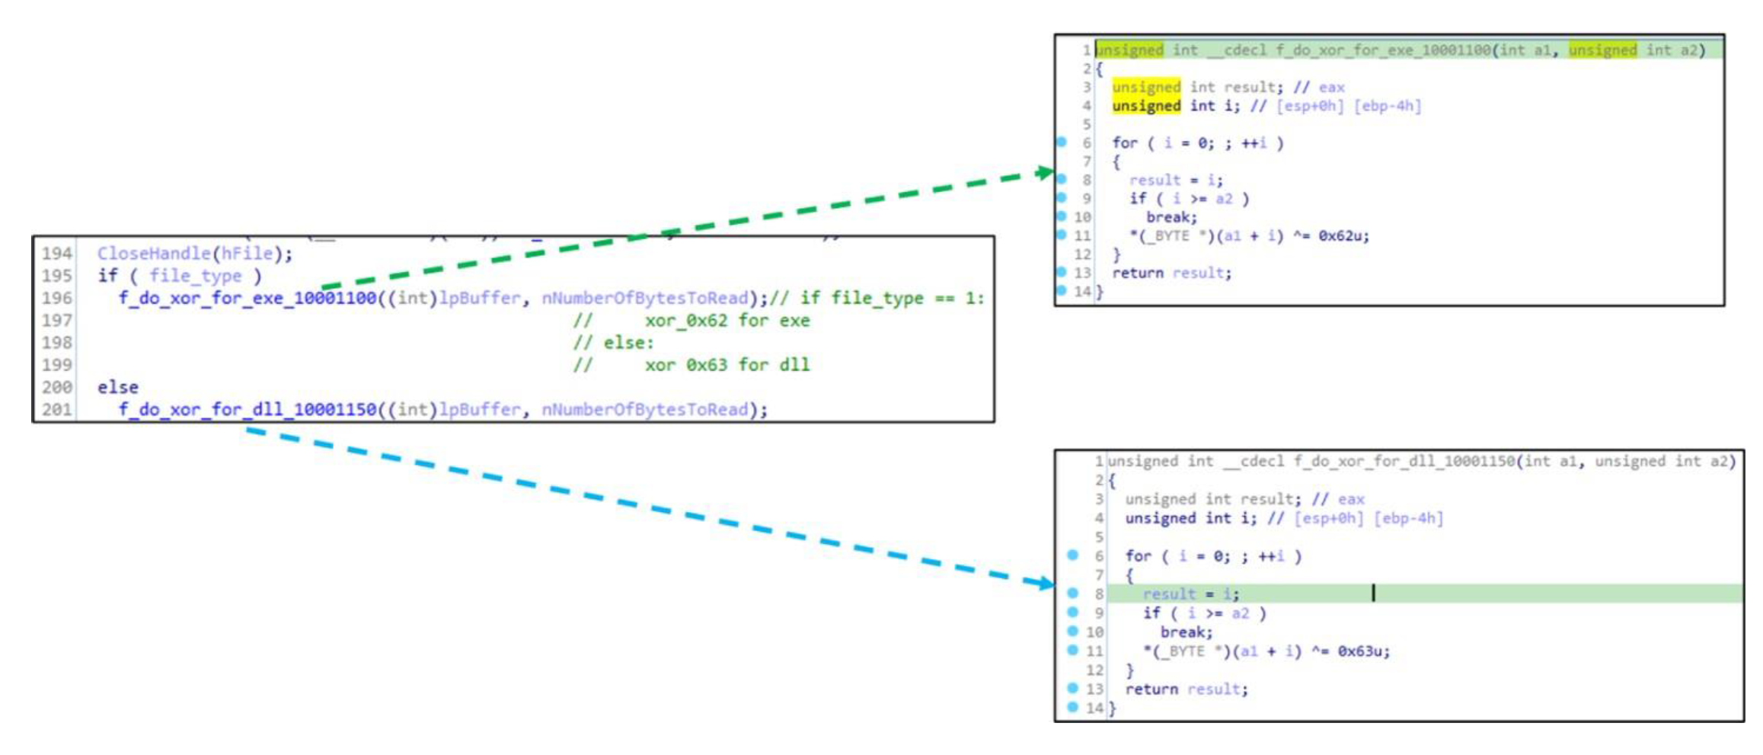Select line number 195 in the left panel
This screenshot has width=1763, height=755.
(x=57, y=276)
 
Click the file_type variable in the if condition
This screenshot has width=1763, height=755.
(x=195, y=276)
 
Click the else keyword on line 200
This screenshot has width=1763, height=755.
(x=118, y=388)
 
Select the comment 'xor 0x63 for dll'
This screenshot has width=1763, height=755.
(x=727, y=365)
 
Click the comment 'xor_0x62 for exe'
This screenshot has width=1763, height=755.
(x=727, y=321)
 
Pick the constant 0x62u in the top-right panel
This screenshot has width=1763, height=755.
(x=1343, y=236)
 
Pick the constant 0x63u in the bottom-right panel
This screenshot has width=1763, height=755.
(x=1363, y=651)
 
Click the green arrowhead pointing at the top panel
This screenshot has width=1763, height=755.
(x=1045, y=173)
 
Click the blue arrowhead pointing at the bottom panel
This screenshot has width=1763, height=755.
(x=1046, y=584)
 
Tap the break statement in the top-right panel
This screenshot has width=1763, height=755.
(x=1171, y=217)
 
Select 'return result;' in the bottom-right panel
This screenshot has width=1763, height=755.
(x=1187, y=689)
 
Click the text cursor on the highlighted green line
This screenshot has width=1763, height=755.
(x=1373, y=593)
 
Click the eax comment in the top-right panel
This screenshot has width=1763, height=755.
(x=1331, y=88)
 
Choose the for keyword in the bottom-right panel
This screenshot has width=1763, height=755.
(x=1139, y=556)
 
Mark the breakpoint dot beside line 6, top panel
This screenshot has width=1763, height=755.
(x=1062, y=142)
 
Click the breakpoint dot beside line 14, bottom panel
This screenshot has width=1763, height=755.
(x=1073, y=707)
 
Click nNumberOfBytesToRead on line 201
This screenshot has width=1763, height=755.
(x=645, y=410)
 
